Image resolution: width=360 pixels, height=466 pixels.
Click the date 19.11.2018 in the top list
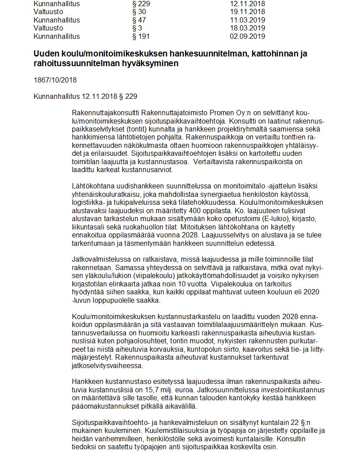[x=247, y=12]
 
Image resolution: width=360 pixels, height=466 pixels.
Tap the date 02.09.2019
[x=247, y=36]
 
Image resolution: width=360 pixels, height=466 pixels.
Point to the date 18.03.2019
[x=247, y=28]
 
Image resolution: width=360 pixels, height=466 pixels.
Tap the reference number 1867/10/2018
[x=55, y=80]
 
